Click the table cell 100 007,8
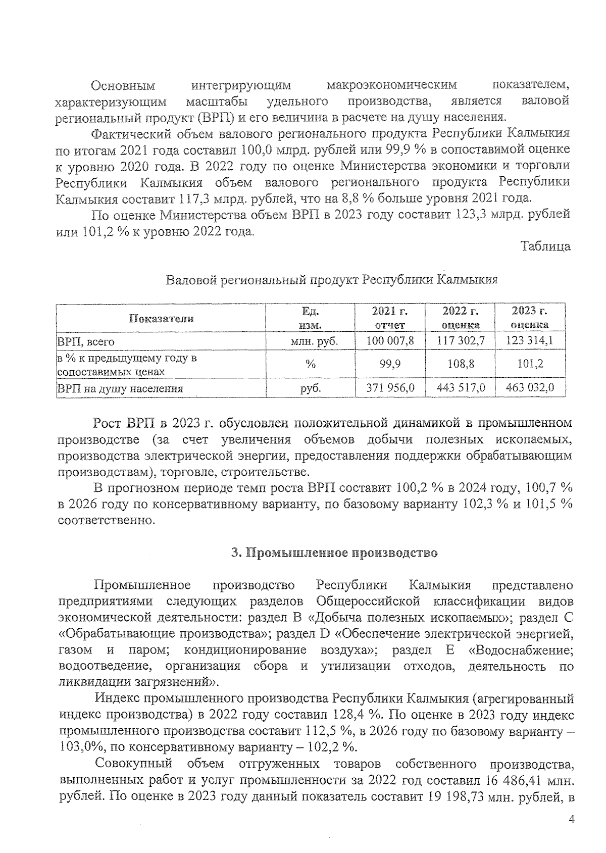[390, 341]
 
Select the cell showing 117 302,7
[460, 341]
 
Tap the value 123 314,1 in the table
[529, 341]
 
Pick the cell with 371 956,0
[390, 388]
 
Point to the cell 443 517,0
[460, 388]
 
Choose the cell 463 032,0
[529, 388]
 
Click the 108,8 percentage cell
[460, 364]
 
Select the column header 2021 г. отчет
[390, 318]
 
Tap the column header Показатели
[161, 318]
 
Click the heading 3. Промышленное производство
[334, 553]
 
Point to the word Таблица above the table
[546, 246]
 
